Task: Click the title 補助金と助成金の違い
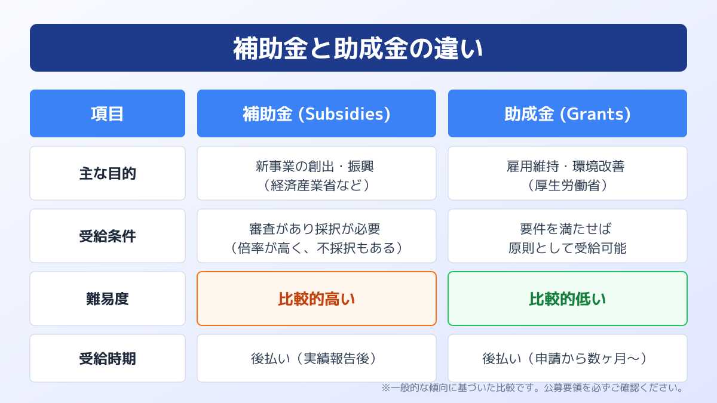[x=358, y=48]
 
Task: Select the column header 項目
[x=108, y=114]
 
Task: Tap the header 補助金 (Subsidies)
[x=317, y=114]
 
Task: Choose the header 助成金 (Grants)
[x=568, y=114]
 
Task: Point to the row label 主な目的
[x=108, y=174]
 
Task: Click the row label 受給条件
[x=108, y=236]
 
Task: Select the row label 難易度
[x=108, y=299]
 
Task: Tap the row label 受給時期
[x=108, y=359]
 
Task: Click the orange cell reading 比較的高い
[x=317, y=299]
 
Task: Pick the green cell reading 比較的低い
[x=568, y=299]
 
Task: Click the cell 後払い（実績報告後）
[x=317, y=359]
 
